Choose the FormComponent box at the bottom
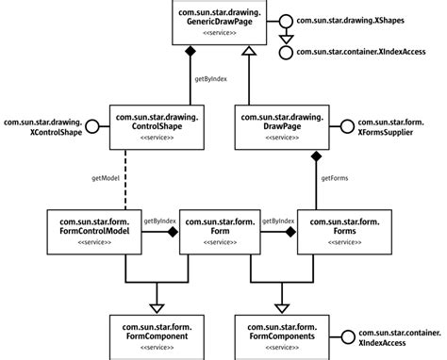pyautogui.click(x=157, y=335)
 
